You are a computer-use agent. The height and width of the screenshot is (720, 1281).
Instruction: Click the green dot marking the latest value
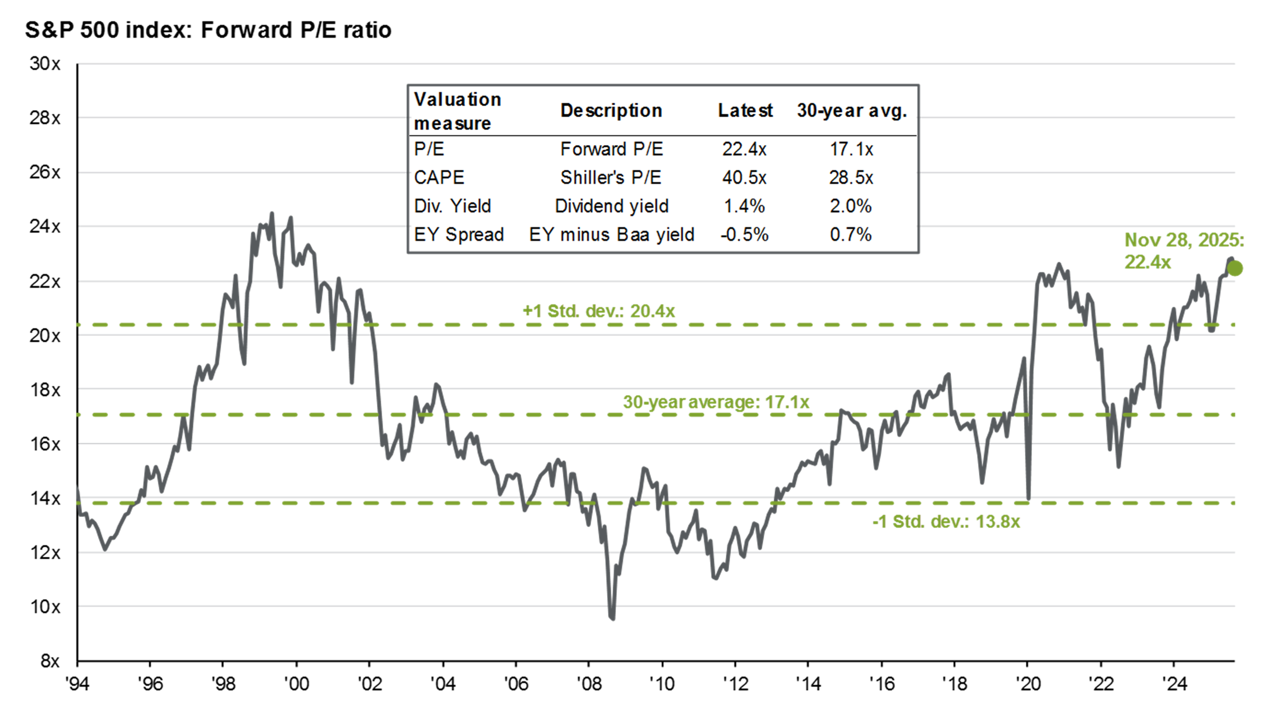(1235, 268)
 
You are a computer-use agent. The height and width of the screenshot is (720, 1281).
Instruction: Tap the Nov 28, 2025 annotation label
(1183, 251)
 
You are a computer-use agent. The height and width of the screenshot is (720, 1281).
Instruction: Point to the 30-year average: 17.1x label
(716, 401)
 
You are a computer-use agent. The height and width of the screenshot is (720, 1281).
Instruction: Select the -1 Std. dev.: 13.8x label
(946, 521)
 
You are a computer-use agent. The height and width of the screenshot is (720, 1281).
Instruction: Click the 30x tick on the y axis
(45, 64)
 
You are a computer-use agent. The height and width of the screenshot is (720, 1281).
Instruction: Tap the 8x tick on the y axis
(50, 661)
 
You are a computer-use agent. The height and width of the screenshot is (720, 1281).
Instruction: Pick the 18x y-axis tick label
(45, 390)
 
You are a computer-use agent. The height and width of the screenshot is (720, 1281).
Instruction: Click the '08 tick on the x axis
(589, 684)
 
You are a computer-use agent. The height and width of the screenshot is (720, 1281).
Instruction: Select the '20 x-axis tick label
(1028, 684)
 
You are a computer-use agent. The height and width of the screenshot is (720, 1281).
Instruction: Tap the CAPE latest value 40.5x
(744, 178)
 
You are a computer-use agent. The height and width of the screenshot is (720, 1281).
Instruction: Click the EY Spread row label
(459, 234)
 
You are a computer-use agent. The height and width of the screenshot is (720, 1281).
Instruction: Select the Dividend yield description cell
(611, 206)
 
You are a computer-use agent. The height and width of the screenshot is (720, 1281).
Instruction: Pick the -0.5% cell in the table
(744, 234)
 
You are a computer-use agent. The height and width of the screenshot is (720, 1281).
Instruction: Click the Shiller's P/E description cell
(610, 178)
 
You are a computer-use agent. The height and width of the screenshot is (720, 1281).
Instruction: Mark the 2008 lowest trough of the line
(611, 618)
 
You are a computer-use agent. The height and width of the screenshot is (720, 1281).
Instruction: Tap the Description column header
(610, 110)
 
